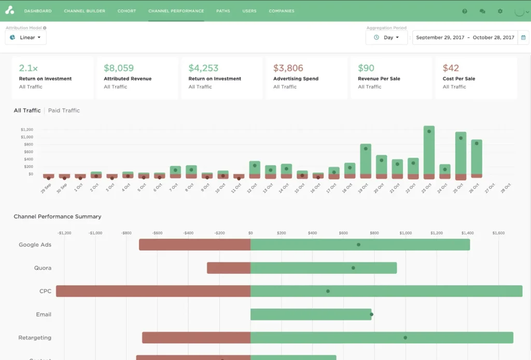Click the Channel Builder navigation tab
pos(85,11)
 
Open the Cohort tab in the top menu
pos(127,11)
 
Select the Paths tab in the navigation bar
pos(223,11)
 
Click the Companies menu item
pos(282,11)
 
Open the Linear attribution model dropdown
pos(26,37)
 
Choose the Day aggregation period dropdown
pos(386,37)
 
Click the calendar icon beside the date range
pos(523,37)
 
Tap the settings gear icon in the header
pos(500,11)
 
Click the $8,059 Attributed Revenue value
pos(119,68)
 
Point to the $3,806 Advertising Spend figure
pos(288,68)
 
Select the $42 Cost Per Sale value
pos(451,68)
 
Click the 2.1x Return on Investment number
pos(28,68)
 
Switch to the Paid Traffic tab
pos(64,110)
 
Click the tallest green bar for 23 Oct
pos(429,150)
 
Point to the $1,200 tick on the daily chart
pos(26,130)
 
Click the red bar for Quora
pos(229,268)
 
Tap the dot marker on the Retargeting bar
pos(406,338)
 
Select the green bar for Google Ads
pos(360,244)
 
